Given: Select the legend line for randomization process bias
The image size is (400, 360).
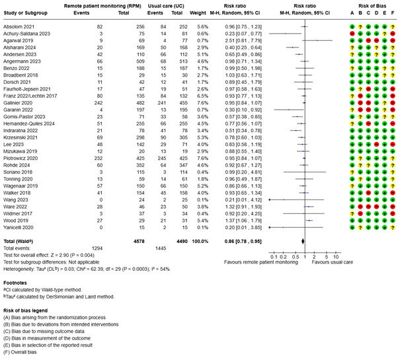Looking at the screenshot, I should coord(56,316).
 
